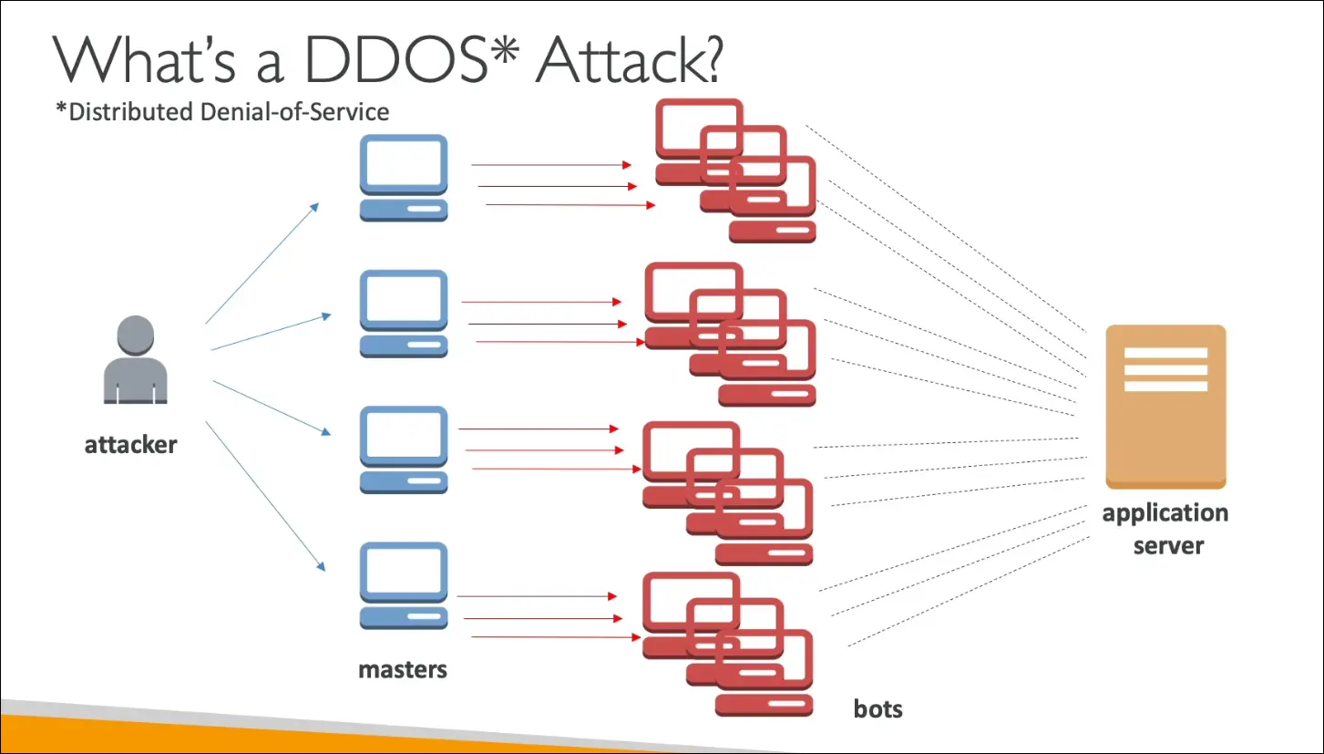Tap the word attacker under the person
[130, 445]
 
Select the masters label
[403, 669]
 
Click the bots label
[878, 708]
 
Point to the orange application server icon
[1165, 407]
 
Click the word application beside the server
[1165, 513]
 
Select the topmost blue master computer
[404, 178]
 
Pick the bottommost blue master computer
[404, 585]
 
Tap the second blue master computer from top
[404, 313]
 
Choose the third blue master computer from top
[404, 449]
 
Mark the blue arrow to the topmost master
[262, 263]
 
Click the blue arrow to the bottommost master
[265, 496]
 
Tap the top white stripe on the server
[1165, 353]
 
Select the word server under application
[1168, 546]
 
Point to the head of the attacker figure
[135, 333]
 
